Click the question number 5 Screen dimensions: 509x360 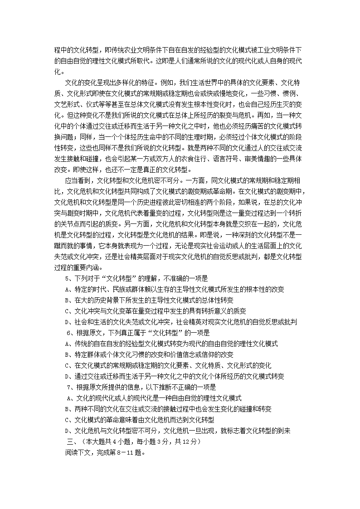click(x=68, y=278)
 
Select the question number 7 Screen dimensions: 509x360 click(x=68, y=387)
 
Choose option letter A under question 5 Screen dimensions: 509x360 click(x=67, y=289)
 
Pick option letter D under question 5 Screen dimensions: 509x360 click(x=67, y=322)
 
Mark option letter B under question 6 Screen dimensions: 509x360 click(x=67, y=354)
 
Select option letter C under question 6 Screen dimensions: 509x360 click(x=67, y=365)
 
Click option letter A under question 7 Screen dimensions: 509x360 click(x=68, y=398)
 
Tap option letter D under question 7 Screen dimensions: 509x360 click(x=67, y=431)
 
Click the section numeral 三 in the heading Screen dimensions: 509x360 click(x=69, y=441)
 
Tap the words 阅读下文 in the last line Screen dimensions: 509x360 click(x=77, y=452)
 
